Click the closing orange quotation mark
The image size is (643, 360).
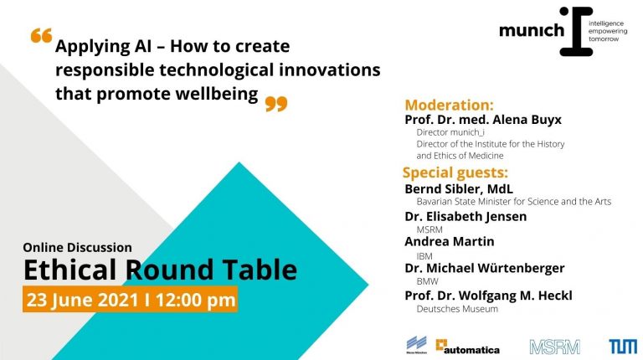[x=275, y=103]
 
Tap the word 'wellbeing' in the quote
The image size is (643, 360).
[x=216, y=94]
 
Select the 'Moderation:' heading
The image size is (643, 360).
[x=449, y=105]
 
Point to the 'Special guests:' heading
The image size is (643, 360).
[x=455, y=173]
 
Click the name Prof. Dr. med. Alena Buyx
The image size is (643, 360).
[x=483, y=120]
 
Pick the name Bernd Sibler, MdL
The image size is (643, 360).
[x=459, y=188]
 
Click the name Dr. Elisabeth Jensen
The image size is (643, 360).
[x=466, y=216]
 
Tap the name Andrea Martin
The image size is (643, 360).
[x=450, y=241]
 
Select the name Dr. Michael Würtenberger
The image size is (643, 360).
[x=485, y=268]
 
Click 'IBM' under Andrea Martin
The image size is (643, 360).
[x=424, y=255]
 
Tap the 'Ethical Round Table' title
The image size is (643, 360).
[x=160, y=270]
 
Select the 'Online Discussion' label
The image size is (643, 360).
[x=78, y=247]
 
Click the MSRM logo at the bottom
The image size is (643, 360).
[x=554, y=345]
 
